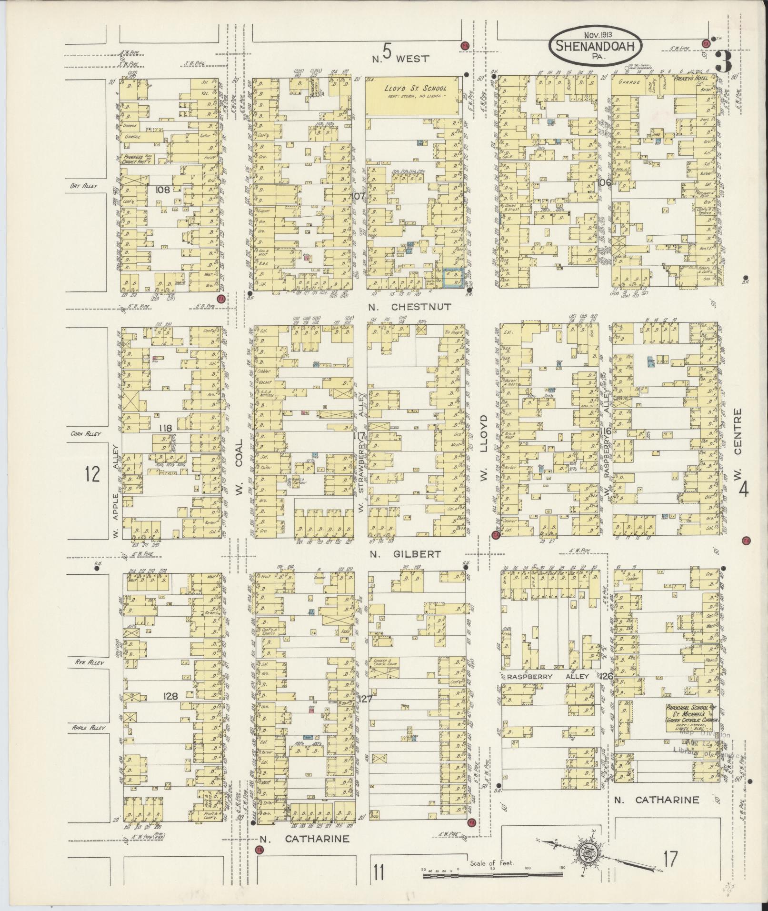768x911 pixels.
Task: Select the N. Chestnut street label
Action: click(x=409, y=307)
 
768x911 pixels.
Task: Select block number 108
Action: click(x=162, y=190)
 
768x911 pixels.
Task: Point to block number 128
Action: click(x=170, y=696)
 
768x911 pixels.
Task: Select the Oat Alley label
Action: click(x=83, y=185)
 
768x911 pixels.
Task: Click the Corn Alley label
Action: click(x=84, y=434)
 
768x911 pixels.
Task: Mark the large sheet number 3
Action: click(x=723, y=62)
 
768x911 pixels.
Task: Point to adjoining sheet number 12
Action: click(x=92, y=474)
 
